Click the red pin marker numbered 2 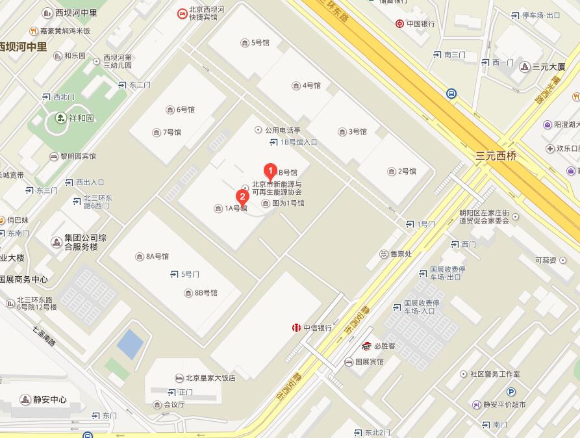[242, 196]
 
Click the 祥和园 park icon [60, 118]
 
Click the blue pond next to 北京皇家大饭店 [130, 344]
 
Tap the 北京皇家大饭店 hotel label [210, 378]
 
